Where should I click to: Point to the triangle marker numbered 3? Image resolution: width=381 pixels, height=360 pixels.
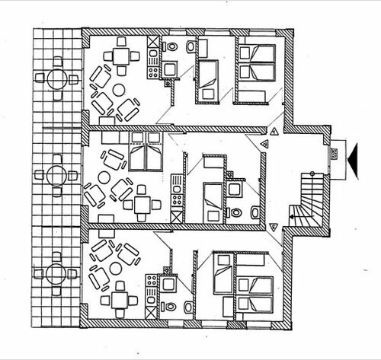tap(272, 225)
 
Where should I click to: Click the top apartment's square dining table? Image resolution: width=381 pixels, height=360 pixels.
tap(122, 56)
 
